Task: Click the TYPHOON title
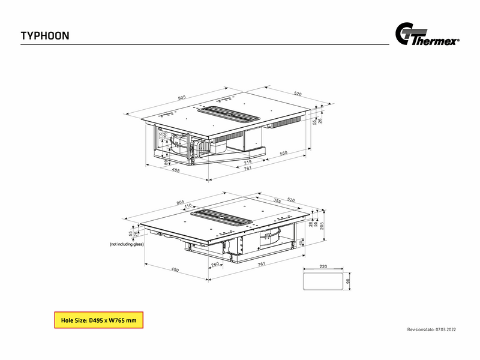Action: pos(45,36)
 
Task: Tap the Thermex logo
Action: pos(427,34)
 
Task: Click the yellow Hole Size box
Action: pos(98,320)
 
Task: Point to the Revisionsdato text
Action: pos(431,329)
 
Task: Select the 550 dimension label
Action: pos(283,153)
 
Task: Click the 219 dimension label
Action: pos(247,162)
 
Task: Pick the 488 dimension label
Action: pos(176,170)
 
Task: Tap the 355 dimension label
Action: pos(277,201)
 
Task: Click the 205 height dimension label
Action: pos(322,226)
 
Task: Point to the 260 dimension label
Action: pos(215,264)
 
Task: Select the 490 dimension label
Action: pos(175,269)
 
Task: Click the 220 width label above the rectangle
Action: pos(323,266)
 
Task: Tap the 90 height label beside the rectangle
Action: pos(347,281)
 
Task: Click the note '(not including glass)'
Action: pos(127,244)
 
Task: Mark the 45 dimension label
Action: pos(301,242)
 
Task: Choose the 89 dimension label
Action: pos(166,162)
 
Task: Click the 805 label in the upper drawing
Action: pos(182,97)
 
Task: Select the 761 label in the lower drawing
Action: pos(261,263)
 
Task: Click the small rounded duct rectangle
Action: pos(323,281)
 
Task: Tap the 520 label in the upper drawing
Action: pos(298,94)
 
